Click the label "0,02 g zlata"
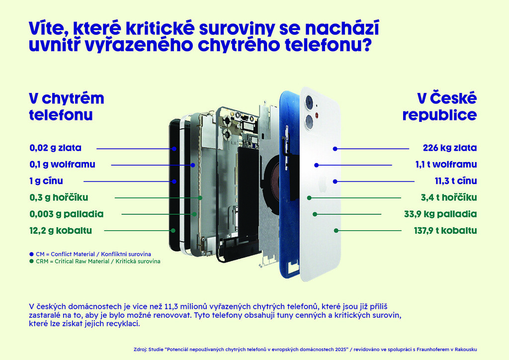[x=55, y=148]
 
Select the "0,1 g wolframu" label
[x=62, y=165]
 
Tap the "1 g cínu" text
[x=46, y=181]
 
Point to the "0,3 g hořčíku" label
[x=59, y=197]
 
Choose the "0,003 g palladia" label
[x=66, y=214]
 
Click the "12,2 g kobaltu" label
[x=61, y=230]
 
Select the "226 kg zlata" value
[x=449, y=148]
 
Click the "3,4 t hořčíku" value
[x=449, y=197]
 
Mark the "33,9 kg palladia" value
[x=440, y=214]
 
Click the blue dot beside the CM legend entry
[x=32, y=254]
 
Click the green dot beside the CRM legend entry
[x=32, y=261]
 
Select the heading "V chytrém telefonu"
[x=66, y=106]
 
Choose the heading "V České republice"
[x=439, y=106]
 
